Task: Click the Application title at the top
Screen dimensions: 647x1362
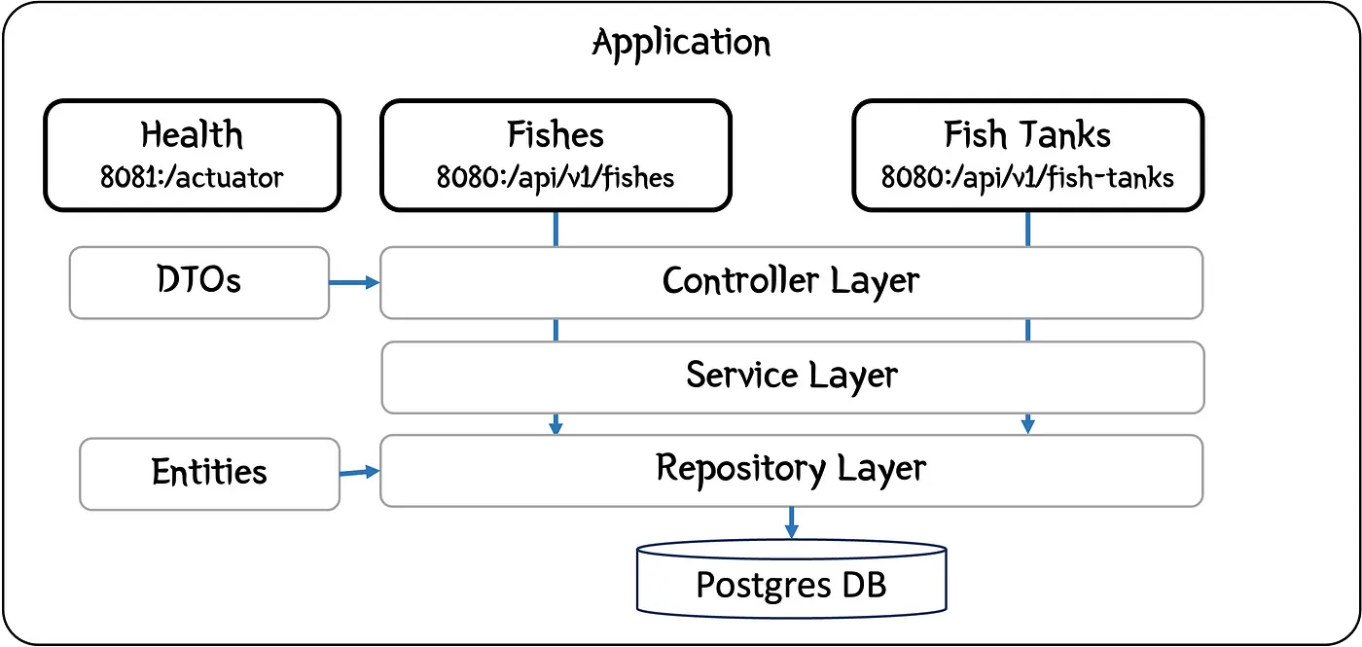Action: [681, 44]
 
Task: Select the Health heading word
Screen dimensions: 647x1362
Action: [192, 133]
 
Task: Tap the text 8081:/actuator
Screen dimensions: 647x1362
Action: [192, 177]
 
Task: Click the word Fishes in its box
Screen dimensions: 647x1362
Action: [556, 133]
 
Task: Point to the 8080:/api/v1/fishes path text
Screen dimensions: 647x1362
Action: [556, 177]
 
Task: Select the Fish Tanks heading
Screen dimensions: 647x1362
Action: [1027, 133]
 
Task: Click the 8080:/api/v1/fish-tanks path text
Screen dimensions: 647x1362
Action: [1027, 177]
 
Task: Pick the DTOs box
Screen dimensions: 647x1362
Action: [198, 281]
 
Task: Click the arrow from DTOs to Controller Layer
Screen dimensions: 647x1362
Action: [354, 282]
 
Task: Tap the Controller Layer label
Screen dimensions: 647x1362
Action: [791, 281]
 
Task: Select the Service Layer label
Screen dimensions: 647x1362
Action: [791, 375]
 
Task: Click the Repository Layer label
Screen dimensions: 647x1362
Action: [791, 468]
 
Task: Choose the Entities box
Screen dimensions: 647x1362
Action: [209, 473]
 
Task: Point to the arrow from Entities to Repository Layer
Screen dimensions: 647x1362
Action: [359, 472]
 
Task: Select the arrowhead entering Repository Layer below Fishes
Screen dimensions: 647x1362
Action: [556, 425]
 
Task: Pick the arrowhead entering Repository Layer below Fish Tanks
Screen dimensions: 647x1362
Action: [1027, 425]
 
